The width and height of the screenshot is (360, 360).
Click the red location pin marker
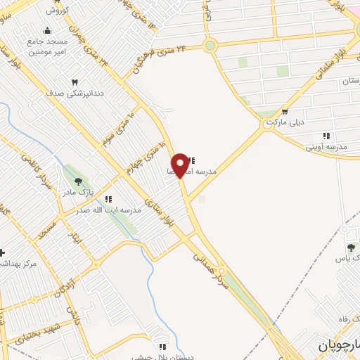coord(180,165)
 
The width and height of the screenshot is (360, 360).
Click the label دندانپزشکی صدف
coord(75,93)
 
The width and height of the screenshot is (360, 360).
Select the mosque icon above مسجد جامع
coord(47,30)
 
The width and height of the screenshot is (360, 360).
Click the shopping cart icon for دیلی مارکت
coord(284,110)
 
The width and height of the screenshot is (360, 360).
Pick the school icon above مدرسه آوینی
coord(326,135)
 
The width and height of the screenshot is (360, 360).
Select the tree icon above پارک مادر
coord(78,181)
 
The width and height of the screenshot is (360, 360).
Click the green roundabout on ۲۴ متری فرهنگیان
coord(210,46)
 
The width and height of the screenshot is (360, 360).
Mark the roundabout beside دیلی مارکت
coord(269,124)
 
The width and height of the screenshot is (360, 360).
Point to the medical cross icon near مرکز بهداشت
coord(2,252)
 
